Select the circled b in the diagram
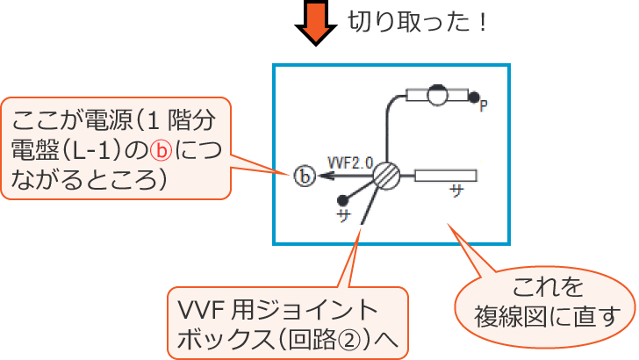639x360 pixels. (304, 176)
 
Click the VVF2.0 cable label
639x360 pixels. (350, 162)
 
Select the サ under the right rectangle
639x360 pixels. (456, 191)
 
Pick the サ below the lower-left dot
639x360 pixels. (344, 215)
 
